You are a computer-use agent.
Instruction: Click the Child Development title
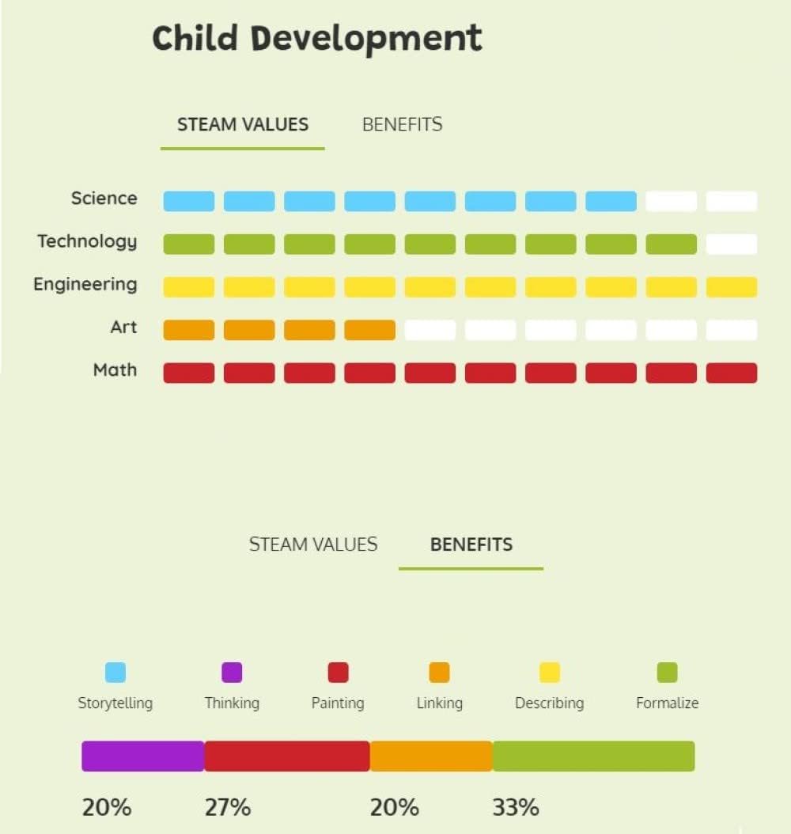[x=317, y=39]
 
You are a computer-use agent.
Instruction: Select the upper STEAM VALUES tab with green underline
[x=243, y=124]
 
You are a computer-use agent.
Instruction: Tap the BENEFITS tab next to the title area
[x=403, y=124]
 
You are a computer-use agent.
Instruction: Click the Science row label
[x=104, y=199]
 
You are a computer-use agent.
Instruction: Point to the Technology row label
[x=87, y=241]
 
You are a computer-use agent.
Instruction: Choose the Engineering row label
[x=85, y=285]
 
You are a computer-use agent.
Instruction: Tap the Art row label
[x=123, y=327]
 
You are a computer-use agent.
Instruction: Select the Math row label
[x=115, y=370]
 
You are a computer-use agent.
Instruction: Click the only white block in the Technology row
[x=732, y=245]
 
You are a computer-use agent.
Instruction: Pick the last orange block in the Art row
[x=370, y=330]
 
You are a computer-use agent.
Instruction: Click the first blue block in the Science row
[x=189, y=201]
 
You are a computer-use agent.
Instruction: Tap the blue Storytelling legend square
[x=115, y=673]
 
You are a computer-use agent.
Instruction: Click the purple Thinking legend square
[x=232, y=673]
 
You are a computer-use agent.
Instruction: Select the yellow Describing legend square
[x=550, y=673]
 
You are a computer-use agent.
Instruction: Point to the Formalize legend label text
[x=667, y=703]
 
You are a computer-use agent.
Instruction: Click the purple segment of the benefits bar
[x=143, y=756]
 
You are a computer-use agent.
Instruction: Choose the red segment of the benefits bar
[x=287, y=756]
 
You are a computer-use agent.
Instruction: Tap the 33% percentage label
[x=516, y=807]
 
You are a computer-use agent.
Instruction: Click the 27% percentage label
[x=228, y=807]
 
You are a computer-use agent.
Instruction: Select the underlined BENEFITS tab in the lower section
[x=471, y=544]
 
